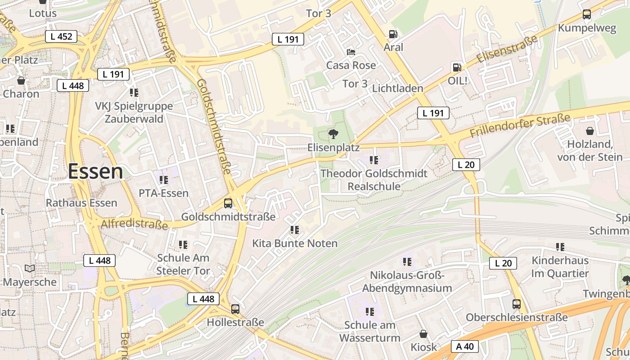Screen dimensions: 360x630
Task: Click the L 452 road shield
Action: point(61,36)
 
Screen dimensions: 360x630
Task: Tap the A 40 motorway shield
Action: point(465,346)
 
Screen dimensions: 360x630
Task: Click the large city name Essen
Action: point(95,171)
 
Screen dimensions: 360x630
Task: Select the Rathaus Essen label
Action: point(81,202)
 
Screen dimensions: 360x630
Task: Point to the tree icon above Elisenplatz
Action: point(333,134)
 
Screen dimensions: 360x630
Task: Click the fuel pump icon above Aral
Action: point(393,34)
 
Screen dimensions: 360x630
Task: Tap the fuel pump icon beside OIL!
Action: point(457,67)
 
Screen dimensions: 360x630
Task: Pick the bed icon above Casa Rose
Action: point(351,52)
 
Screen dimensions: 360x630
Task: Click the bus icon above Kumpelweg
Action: point(587,14)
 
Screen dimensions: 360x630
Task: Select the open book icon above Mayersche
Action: point(30,269)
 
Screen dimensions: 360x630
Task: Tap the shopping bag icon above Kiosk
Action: point(423,334)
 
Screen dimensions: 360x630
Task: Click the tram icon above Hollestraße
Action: point(235,309)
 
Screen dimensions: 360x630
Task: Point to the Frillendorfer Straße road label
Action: point(520,126)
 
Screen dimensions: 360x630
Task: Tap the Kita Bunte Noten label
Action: point(295,243)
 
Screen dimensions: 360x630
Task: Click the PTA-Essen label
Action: point(163,193)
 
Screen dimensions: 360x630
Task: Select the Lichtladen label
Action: point(398,88)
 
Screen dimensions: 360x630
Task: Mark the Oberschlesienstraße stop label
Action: point(517,317)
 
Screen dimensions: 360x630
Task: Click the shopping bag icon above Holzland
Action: point(589,131)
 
